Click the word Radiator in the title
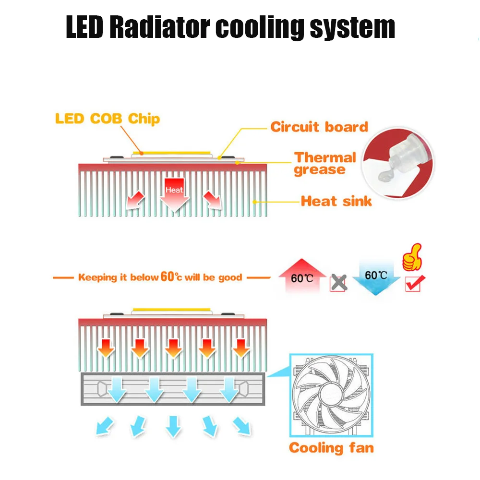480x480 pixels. click(158, 27)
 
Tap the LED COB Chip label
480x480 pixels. click(108, 119)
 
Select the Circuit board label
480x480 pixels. click(319, 127)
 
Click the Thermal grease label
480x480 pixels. click(325, 164)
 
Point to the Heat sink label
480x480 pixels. click(336, 201)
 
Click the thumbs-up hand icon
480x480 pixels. click(412, 258)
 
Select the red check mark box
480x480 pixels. click(413, 283)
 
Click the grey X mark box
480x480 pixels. click(338, 283)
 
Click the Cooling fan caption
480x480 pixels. click(331, 448)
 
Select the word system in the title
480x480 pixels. click(352, 27)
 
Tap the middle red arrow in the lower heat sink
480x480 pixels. click(173, 348)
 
